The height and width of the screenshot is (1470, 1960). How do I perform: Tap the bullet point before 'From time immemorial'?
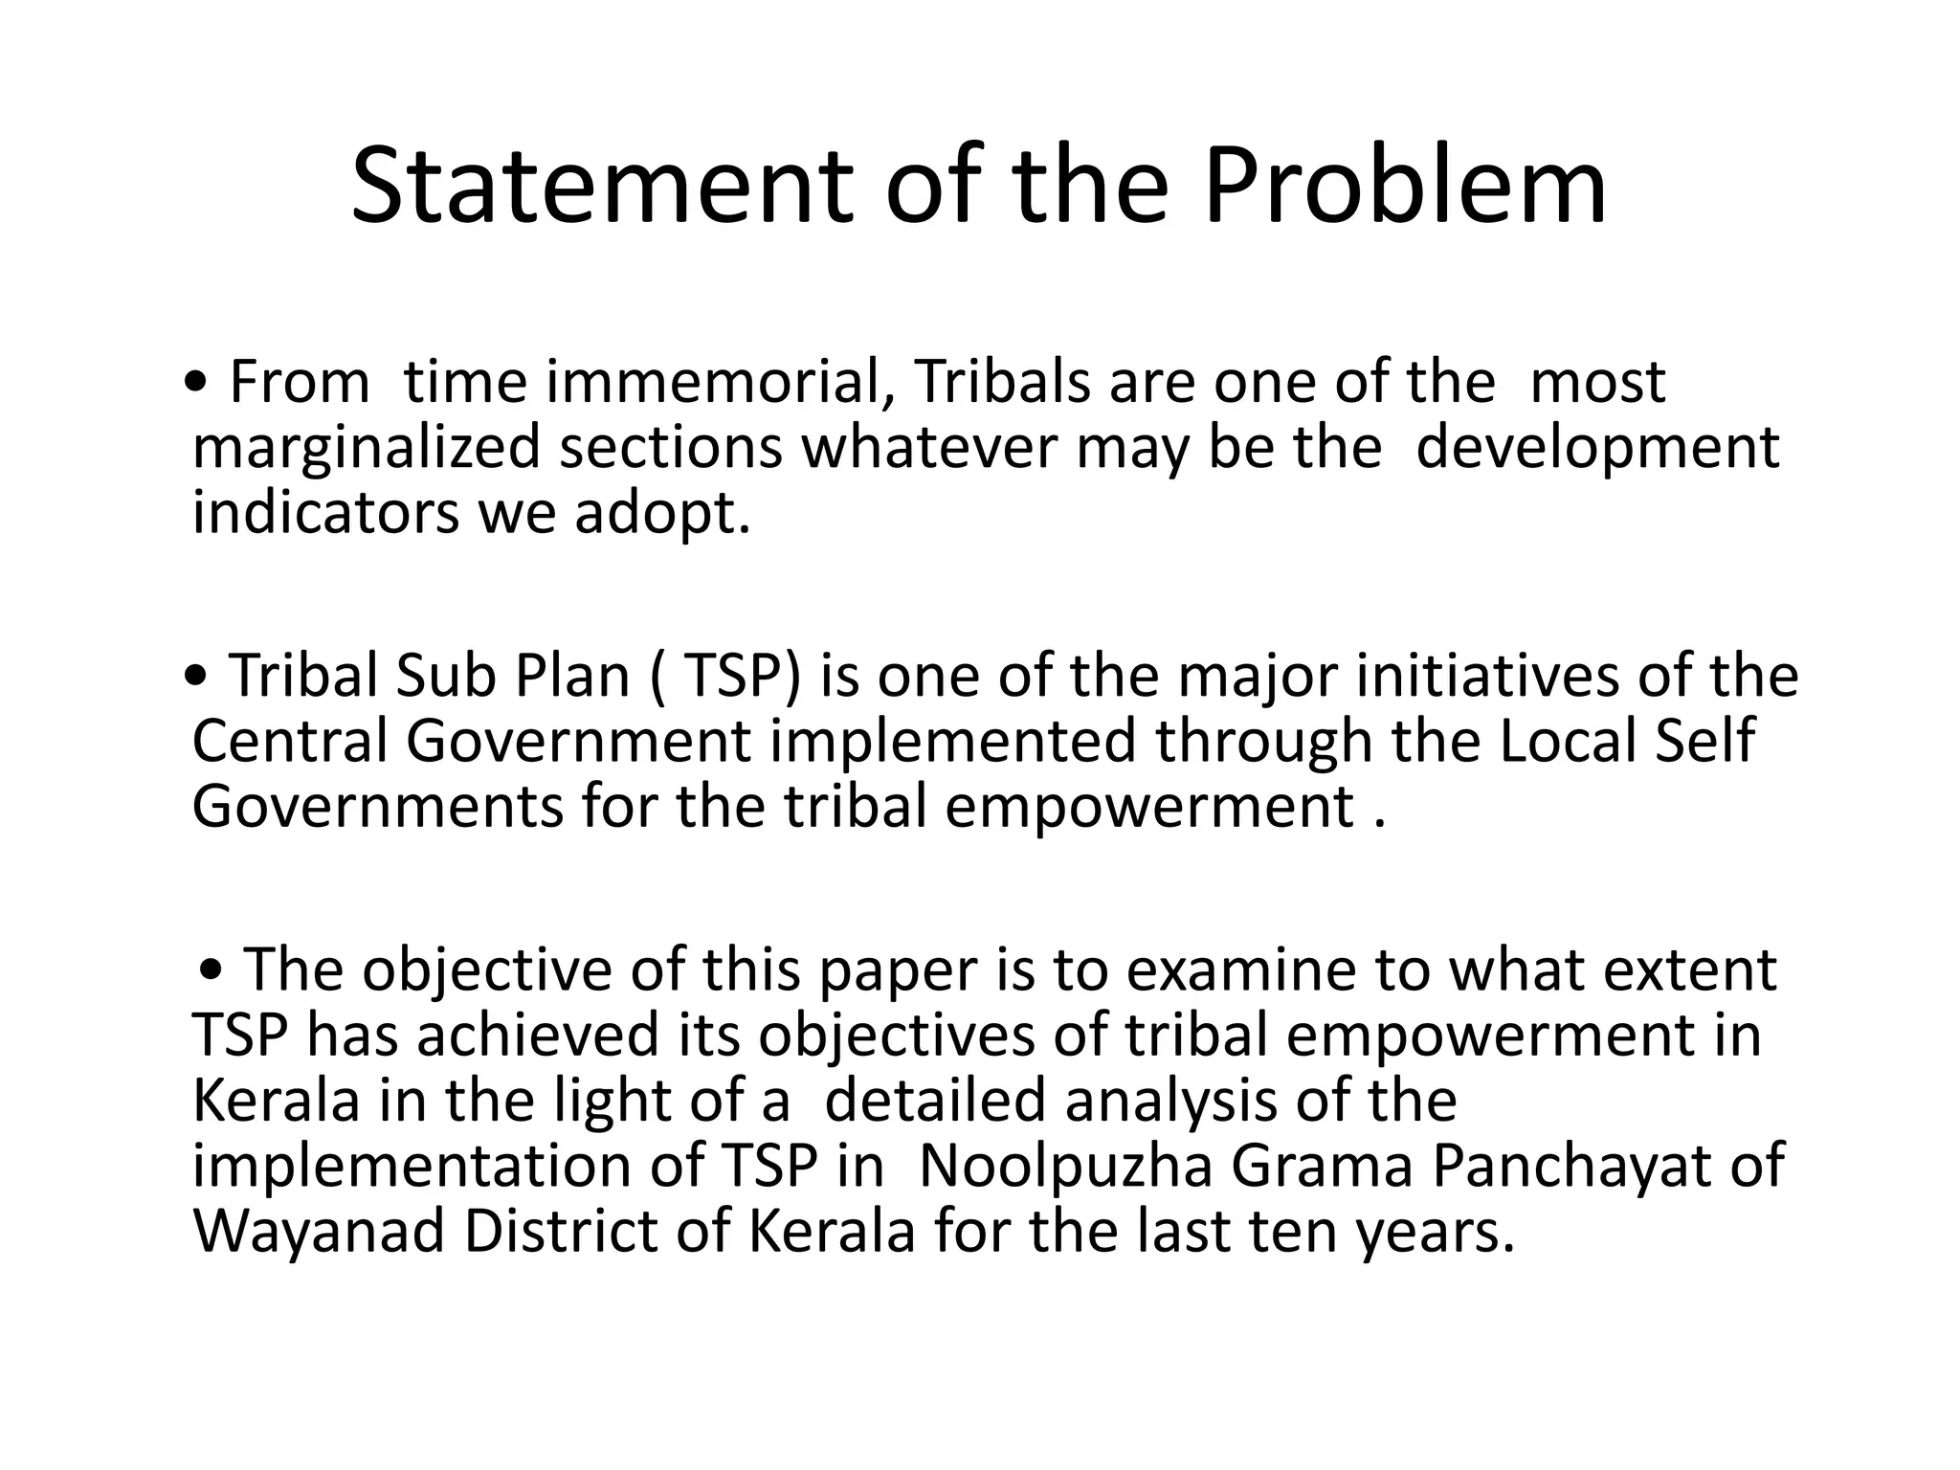coord(196,383)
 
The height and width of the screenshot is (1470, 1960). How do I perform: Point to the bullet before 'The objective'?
coord(214,971)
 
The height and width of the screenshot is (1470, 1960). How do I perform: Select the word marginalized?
coord(367,448)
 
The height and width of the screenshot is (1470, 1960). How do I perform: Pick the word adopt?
coord(662,514)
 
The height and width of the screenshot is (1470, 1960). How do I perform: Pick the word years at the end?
coord(1432,1234)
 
